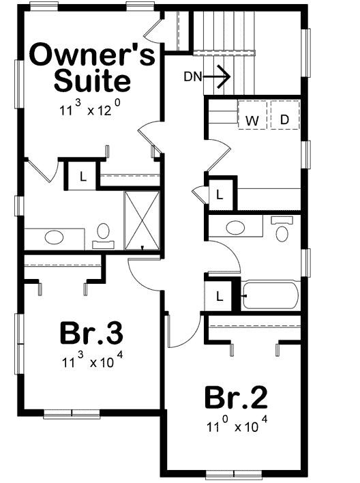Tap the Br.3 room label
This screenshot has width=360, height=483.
(x=91, y=334)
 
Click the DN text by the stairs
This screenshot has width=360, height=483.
(x=193, y=76)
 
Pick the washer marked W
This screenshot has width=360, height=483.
(x=252, y=117)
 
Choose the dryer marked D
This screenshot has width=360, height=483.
(x=285, y=117)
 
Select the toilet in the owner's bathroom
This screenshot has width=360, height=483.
(x=103, y=234)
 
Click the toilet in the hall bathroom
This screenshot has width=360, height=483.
(x=281, y=231)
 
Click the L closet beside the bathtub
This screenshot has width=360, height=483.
(x=220, y=296)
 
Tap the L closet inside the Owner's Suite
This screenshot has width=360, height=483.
(x=82, y=176)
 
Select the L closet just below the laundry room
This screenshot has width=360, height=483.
(x=220, y=194)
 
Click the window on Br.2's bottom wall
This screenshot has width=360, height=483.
(x=233, y=473)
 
